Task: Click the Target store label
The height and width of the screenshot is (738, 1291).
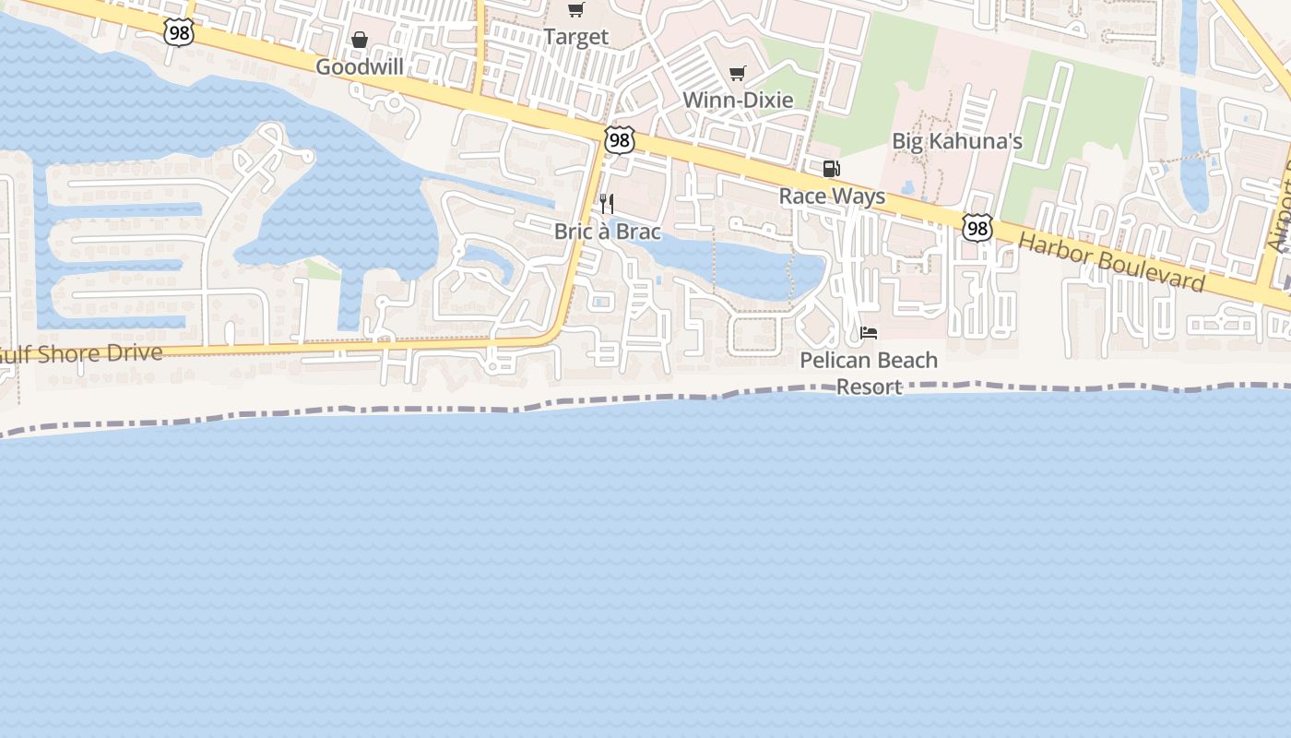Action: click(x=575, y=37)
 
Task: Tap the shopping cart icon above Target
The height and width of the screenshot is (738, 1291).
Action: click(x=576, y=10)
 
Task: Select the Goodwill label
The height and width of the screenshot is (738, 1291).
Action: click(x=359, y=67)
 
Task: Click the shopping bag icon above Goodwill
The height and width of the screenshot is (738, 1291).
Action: click(x=360, y=40)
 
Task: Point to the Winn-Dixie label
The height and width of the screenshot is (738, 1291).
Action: click(x=738, y=100)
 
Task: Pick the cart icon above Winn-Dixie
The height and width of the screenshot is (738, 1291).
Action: click(x=737, y=73)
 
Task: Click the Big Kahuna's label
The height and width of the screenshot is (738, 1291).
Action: click(x=957, y=142)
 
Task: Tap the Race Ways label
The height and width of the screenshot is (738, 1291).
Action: click(x=832, y=196)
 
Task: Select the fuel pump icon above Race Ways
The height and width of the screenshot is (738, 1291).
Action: click(x=831, y=169)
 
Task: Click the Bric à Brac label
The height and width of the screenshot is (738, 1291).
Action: click(x=607, y=231)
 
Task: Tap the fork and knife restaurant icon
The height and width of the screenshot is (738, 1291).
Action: click(x=607, y=203)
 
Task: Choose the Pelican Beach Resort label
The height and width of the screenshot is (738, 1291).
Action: click(x=869, y=373)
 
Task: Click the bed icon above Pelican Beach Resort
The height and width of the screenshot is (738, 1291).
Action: click(x=869, y=333)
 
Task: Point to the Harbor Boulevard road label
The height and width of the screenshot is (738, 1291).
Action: click(x=1111, y=263)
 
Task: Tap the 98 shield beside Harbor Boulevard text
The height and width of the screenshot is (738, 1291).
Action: click(x=977, y=228)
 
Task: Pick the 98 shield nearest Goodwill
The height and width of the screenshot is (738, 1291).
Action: click(x=179, y=32)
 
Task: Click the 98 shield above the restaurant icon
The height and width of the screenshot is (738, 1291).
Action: click(x=620, y=140)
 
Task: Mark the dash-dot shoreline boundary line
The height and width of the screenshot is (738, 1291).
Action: click(x=645, y=399)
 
